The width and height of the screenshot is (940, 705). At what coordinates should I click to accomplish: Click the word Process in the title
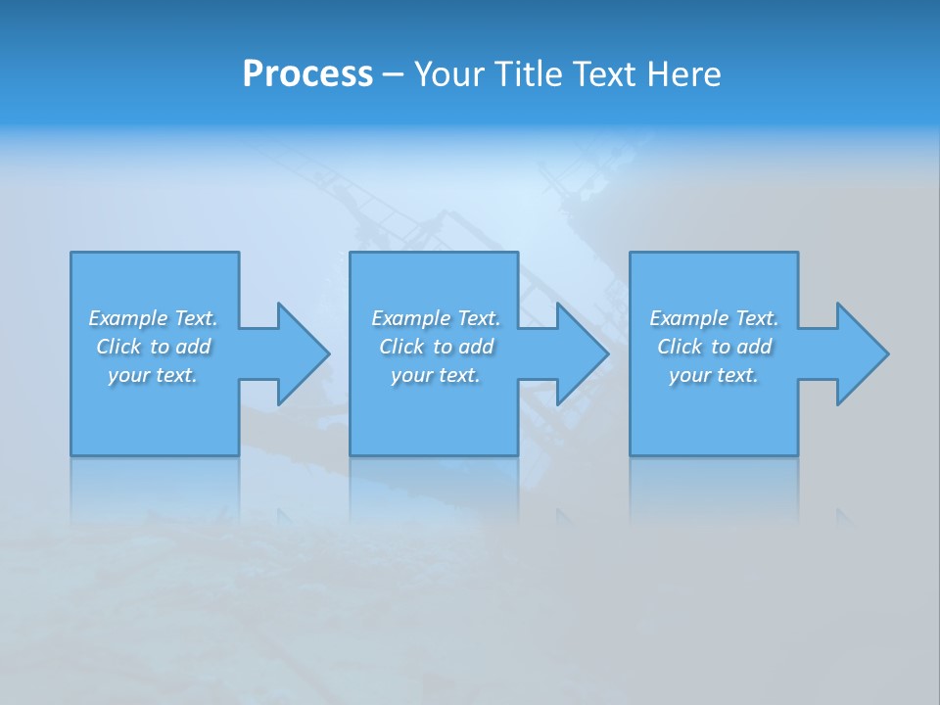pyautogui.click(x=307, y=74)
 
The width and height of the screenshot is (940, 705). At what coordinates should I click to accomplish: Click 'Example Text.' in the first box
pyautogui.click(x=154, y=318)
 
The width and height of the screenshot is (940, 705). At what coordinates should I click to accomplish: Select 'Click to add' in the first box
pyautogui.click(x=154, y=347)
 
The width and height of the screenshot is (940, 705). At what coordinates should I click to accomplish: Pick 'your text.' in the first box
pyautogui.click(x=154, y=375)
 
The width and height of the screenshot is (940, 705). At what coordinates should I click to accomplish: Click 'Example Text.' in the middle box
pyautogui.click(x=436, y=318)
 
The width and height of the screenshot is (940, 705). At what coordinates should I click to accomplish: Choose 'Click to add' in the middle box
pyautogui.click(x=436, y=347)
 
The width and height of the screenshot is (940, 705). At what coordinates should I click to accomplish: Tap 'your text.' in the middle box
pyautogui.click(x=436, y=375)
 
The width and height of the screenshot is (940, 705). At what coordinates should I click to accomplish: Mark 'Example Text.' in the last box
pyautogui.click(x=714, y=318)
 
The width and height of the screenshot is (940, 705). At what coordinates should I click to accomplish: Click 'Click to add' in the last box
pyautogui.click(x=714, y=347)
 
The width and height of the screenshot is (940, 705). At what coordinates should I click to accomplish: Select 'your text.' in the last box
pyautogui.click(x=714, y=375)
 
